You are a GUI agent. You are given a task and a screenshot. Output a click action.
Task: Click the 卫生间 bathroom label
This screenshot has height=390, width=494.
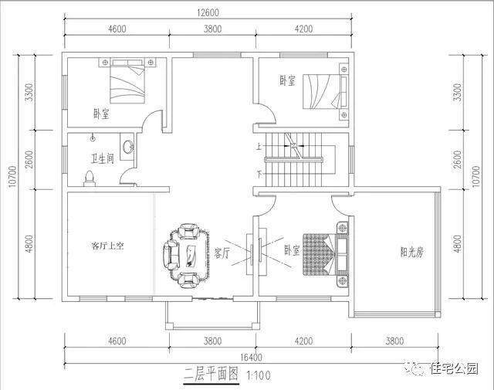tap(103, 158)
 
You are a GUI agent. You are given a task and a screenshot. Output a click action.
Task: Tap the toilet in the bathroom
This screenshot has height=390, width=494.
tap(90, 178)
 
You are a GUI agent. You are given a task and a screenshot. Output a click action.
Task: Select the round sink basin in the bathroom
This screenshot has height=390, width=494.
tap(128, 147)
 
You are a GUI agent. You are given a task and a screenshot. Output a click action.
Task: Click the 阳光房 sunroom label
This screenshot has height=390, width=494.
tap(411, 253)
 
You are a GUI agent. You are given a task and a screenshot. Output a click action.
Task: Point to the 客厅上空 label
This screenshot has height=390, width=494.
tap(107, 246)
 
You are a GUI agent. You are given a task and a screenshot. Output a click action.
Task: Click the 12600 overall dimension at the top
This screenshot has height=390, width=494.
tap(208, 12)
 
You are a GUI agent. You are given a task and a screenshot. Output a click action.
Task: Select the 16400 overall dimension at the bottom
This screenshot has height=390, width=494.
tap(251, 358)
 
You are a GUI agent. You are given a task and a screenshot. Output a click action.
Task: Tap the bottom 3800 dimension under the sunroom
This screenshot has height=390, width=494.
tap(394, 341)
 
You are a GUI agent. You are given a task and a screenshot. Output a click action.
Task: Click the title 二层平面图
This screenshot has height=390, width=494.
tap(211, 375)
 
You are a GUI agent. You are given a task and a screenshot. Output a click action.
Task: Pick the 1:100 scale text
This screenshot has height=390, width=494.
tap(259, 375)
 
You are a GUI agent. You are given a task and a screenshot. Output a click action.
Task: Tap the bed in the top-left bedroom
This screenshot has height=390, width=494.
tap(127, 81)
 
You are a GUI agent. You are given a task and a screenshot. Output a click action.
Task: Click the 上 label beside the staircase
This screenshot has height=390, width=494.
tap(259, 147)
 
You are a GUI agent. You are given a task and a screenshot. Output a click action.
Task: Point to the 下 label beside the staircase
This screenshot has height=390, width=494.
tap(259, 174)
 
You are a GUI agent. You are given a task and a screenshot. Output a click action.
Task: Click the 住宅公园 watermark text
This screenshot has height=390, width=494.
tap(455, 368)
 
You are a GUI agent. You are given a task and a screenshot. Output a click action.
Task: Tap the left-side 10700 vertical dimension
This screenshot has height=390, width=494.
tap(13, 177)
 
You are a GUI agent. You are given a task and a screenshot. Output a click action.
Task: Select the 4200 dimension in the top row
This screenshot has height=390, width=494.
tap(303, 29)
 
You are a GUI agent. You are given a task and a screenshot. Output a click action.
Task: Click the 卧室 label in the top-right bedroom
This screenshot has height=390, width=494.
tap(287, 80)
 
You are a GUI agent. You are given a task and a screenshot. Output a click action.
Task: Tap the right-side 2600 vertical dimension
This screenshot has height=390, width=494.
tap(458, 160)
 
